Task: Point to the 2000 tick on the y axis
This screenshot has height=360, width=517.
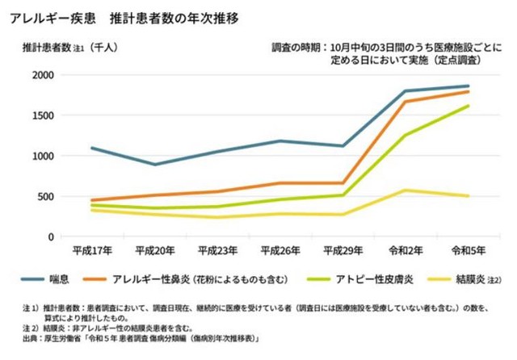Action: pyautogui.click(x=42, y=75)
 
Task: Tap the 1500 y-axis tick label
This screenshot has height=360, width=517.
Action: pyautogui.click(x=42, y=115)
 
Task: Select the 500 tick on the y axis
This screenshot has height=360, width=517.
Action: pyautogui.click(x=45, y=196)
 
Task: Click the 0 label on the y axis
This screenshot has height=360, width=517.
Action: pyautogui.click(x=50, y=237)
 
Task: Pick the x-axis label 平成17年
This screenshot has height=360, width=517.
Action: pyautogui.click(x=91, y=249)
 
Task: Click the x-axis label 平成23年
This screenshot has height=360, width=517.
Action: pyautogui.click(x=217, y=249)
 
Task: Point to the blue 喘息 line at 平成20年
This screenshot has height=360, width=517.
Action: pyautogui.click(x=154, y=164)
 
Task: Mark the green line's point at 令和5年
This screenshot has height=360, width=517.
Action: pyautogui.click(x=468, y=106)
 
